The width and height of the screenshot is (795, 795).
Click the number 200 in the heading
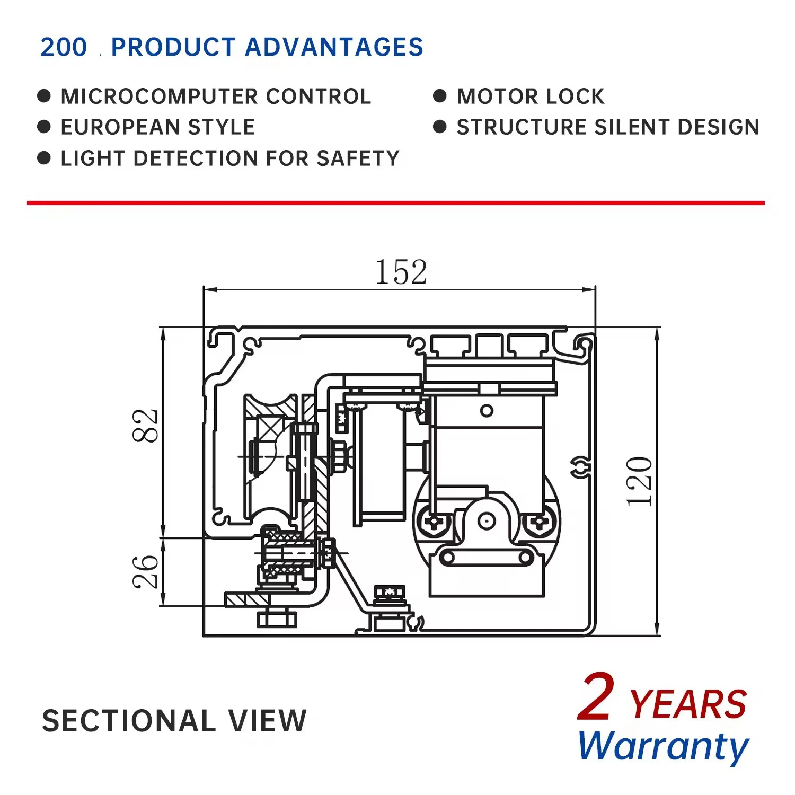pos(64,47)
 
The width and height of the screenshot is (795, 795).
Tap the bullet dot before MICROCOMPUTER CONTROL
pos(44,96)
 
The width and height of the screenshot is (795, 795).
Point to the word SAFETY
pos(358,158)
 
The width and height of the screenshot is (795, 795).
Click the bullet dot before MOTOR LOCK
pos(439,96)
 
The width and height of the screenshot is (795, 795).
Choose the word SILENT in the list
pos(632,127)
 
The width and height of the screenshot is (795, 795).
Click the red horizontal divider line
pos(395,202)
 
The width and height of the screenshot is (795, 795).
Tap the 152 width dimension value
pos(401,272)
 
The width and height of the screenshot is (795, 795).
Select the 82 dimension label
pos(145,426)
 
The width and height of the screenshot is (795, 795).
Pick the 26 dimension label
pos(145,572)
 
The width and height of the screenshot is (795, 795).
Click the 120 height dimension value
pos(639,481)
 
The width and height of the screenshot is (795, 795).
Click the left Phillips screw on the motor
pos(435,522)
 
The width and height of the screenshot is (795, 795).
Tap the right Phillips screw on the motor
pos(540,522)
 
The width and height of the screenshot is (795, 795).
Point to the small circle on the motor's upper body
pos(487,411)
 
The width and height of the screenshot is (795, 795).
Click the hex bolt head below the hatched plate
pos(277,619)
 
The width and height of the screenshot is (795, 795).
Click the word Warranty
pos(663,746)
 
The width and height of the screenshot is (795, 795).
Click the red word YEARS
pos(688,704)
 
